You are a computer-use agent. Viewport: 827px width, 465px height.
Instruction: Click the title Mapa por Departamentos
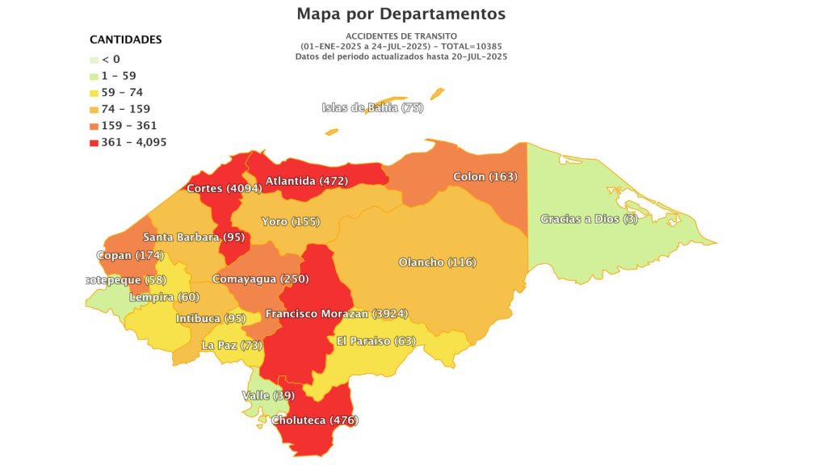401,14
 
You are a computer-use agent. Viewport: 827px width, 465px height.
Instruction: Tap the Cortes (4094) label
224,188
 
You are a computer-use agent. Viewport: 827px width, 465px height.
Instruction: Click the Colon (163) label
485,176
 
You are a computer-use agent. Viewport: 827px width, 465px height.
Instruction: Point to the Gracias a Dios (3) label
589,219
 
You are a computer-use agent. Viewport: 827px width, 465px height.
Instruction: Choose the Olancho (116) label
437,262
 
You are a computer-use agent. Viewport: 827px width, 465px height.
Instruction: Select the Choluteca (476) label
315,420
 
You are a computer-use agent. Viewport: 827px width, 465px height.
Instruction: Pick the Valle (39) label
267,396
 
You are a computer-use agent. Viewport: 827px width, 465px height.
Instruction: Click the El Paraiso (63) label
376,341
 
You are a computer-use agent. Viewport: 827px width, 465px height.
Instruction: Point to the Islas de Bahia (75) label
372,107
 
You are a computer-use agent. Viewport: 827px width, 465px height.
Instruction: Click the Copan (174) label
129,255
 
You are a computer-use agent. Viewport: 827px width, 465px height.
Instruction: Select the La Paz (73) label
233,346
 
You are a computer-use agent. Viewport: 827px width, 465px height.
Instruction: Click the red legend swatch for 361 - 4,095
94,142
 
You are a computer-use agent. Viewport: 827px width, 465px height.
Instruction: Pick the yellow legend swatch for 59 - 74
94,92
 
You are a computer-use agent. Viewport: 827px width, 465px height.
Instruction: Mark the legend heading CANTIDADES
125,39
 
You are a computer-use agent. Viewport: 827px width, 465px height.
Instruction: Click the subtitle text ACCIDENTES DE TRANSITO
401,36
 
